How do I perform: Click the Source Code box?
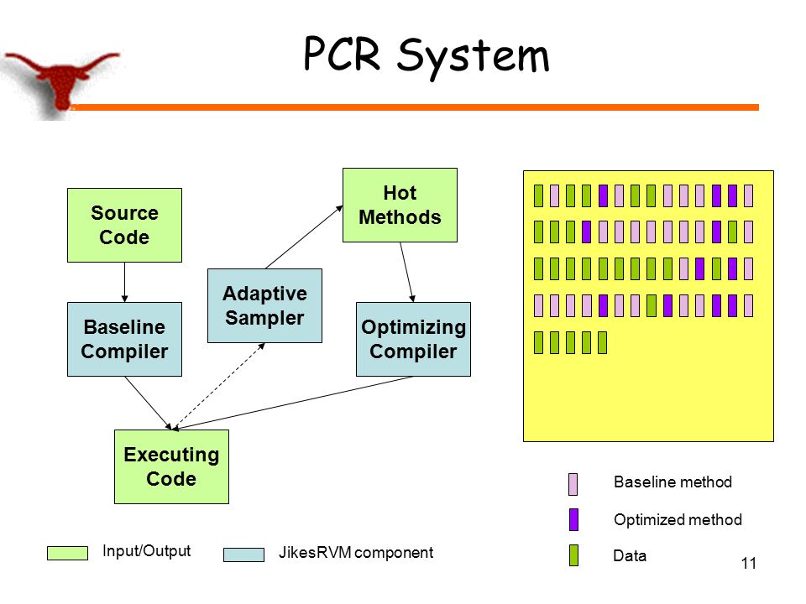pos(124,225)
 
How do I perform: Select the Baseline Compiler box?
pos(124,339)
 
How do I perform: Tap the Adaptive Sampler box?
pos(264,305)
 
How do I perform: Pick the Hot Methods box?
pos(400,205)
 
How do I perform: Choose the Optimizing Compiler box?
pos(413,339)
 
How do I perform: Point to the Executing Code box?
pos(171,466)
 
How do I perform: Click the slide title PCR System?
pos(427,55)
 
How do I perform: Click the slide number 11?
pos(749,564)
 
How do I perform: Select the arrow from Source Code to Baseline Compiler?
pos(124,282)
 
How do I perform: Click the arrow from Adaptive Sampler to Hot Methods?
pos(304,237)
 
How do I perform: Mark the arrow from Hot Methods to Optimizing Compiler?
pos(406,272)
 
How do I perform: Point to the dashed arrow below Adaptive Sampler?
pos(219,386)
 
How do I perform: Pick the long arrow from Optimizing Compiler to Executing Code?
pos(293,403)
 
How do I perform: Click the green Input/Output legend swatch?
pos(67,553)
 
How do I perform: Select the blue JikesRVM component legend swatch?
pos(243,555)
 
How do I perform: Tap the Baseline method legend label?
pos(673,482)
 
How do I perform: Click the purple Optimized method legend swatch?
pos(573,519)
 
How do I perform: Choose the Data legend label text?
pos(630,555)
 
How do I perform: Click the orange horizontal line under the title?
pos(416,107)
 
